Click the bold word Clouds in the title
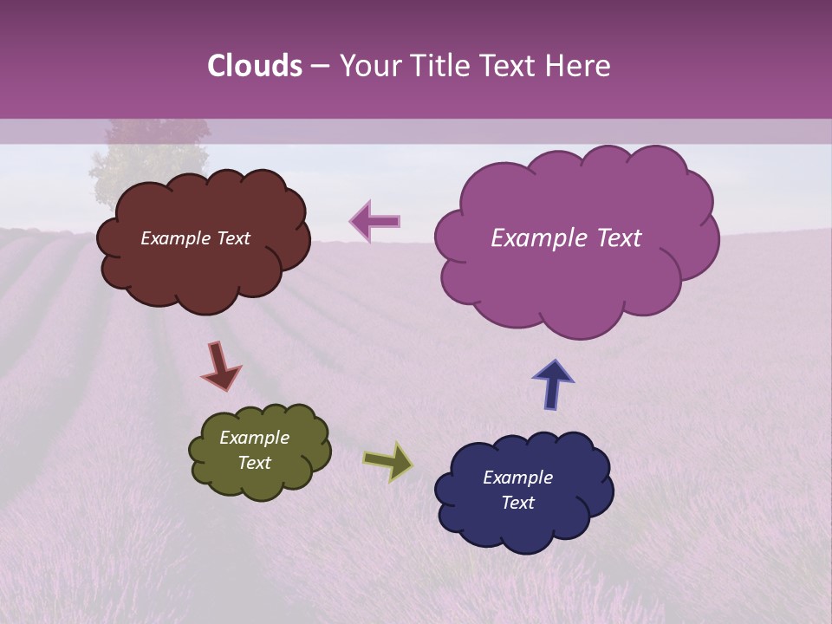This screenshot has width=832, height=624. click(255, 66)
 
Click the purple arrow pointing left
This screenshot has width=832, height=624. click(375, 222)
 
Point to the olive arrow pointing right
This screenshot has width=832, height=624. click(388, 462)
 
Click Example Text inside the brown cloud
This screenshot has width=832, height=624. click(195, 238)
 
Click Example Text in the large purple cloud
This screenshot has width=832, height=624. click(566, 238)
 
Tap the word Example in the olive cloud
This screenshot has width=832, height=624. click(254, 438)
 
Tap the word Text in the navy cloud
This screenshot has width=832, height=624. click(517, 503)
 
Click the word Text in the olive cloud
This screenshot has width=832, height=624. click(254, 463)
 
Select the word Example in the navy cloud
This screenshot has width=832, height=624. click(517, 478)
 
